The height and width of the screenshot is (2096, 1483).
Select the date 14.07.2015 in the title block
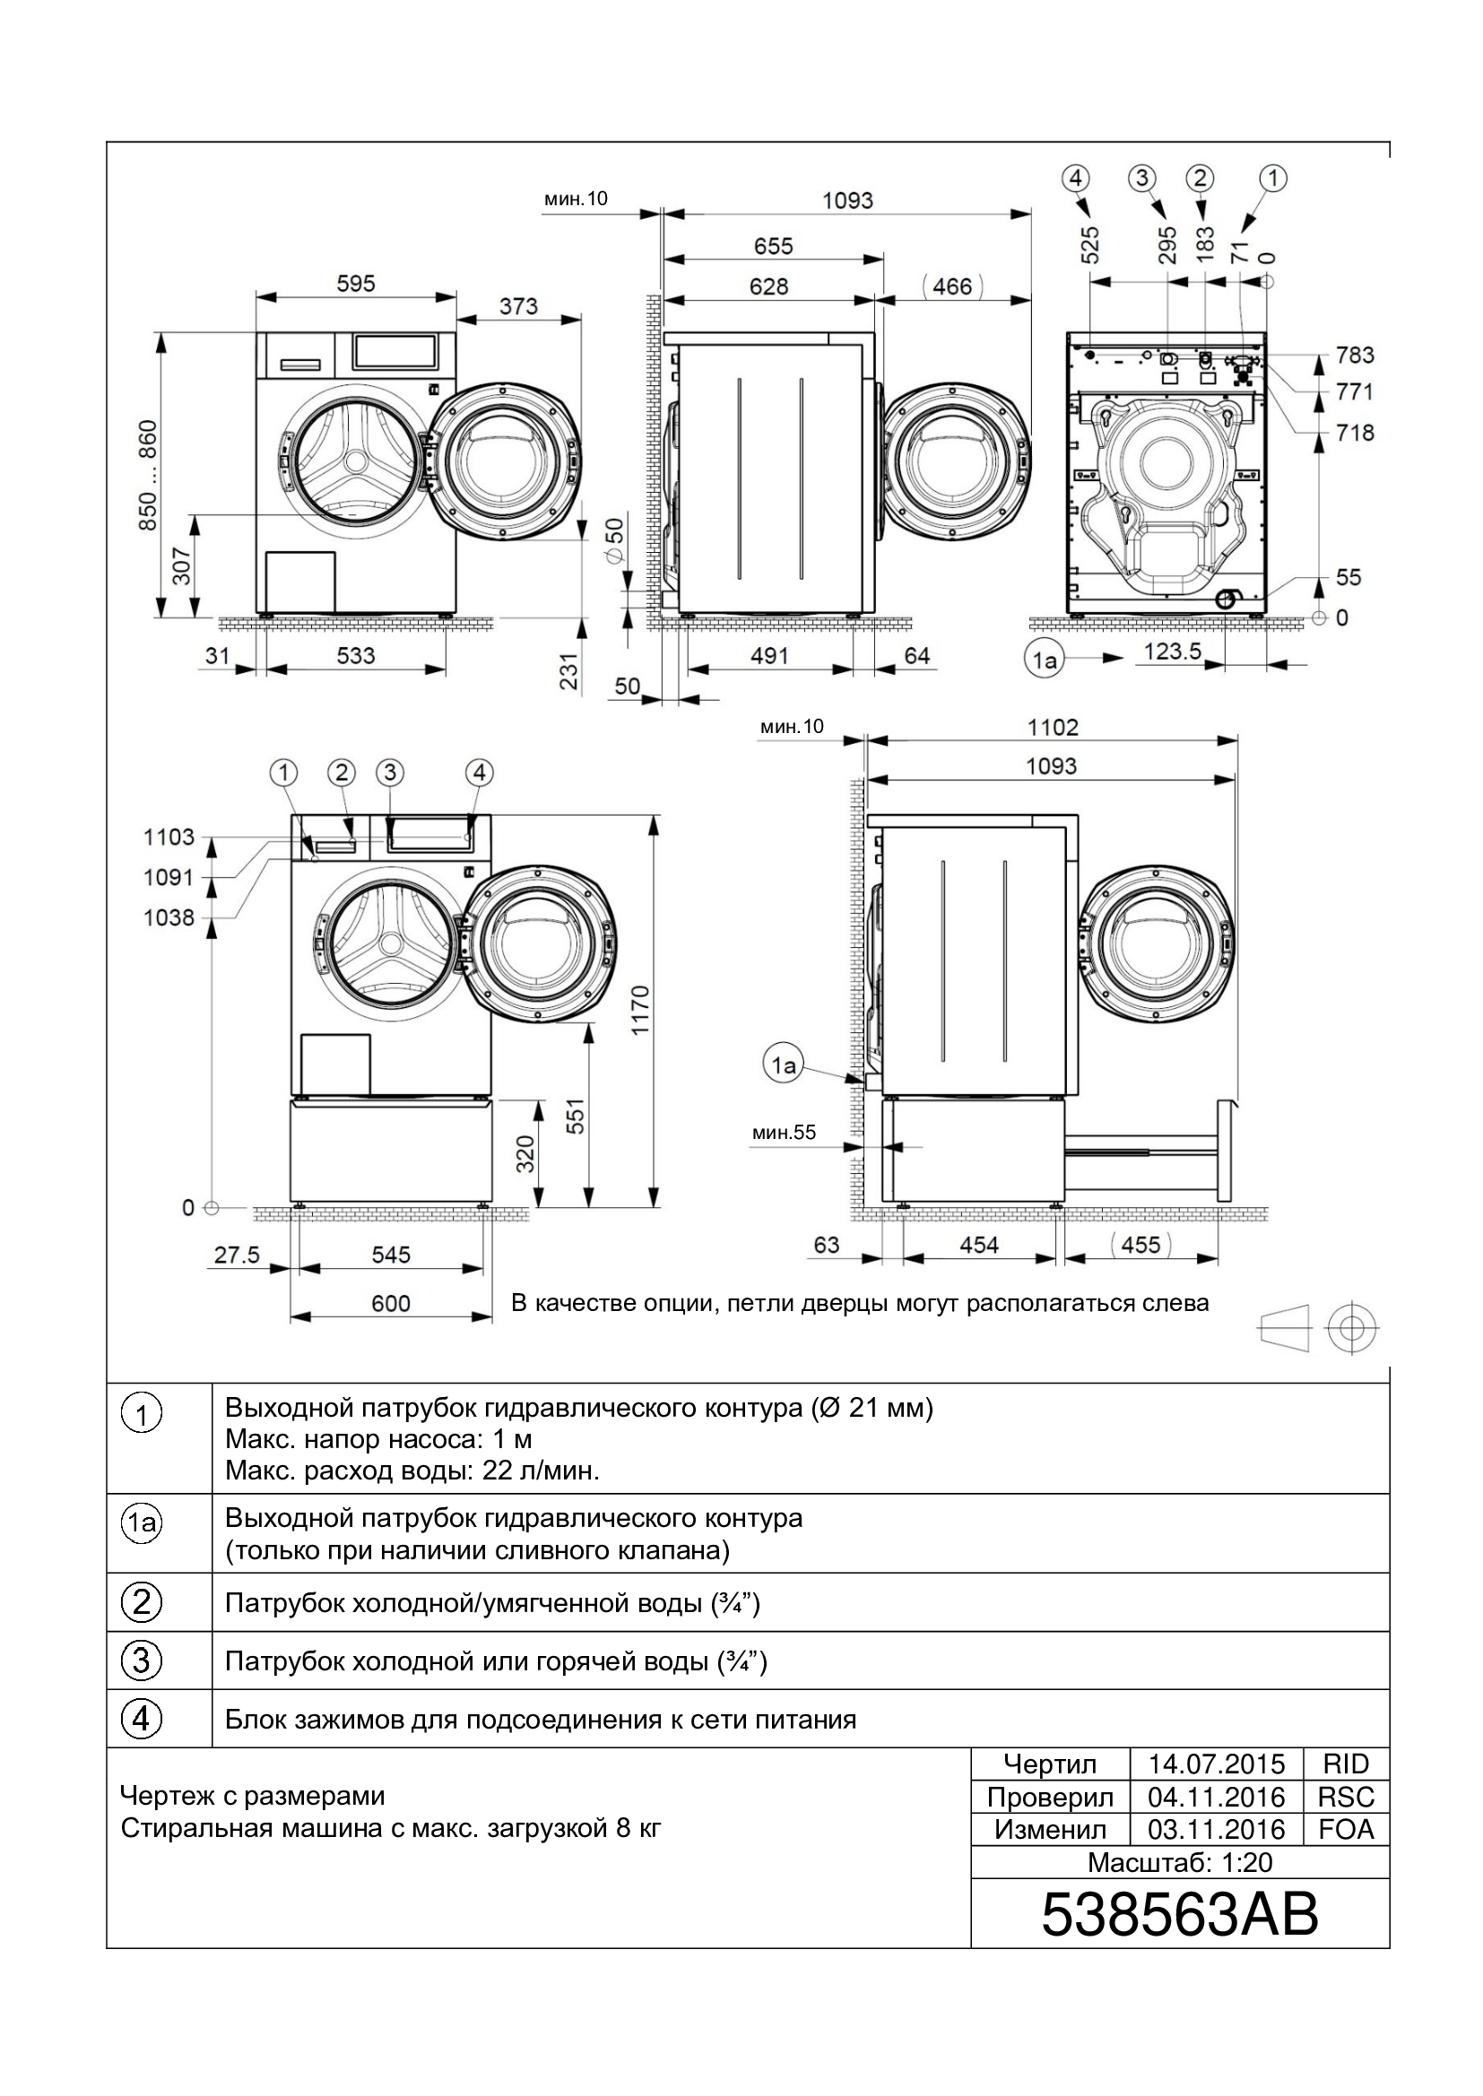click(x=1217, y=1764)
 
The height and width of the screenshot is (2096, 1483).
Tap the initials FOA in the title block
click(x=1347, y=1830)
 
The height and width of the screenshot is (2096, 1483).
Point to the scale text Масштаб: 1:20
click(x=1180, y=1862)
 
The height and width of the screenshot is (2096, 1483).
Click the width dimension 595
click(x=355, y=284)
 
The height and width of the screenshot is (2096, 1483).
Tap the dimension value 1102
click(x=1052, y=728)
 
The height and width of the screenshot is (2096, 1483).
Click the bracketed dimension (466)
click(x=952, y=287)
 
